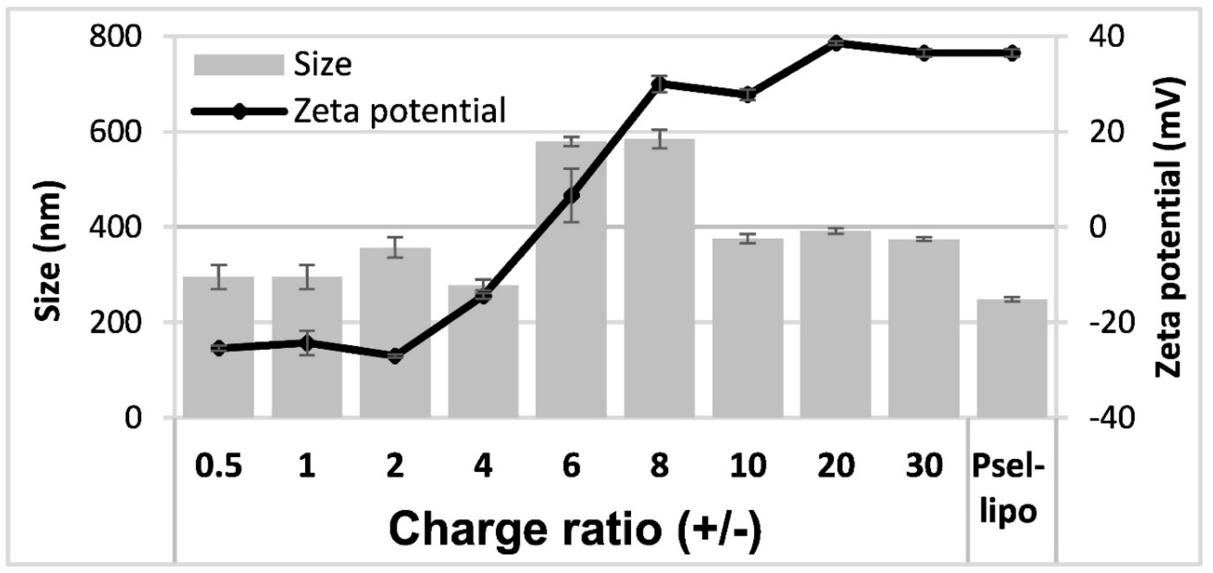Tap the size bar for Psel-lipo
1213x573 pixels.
[1012, 358]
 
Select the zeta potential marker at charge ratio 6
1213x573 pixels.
[571, 195]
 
